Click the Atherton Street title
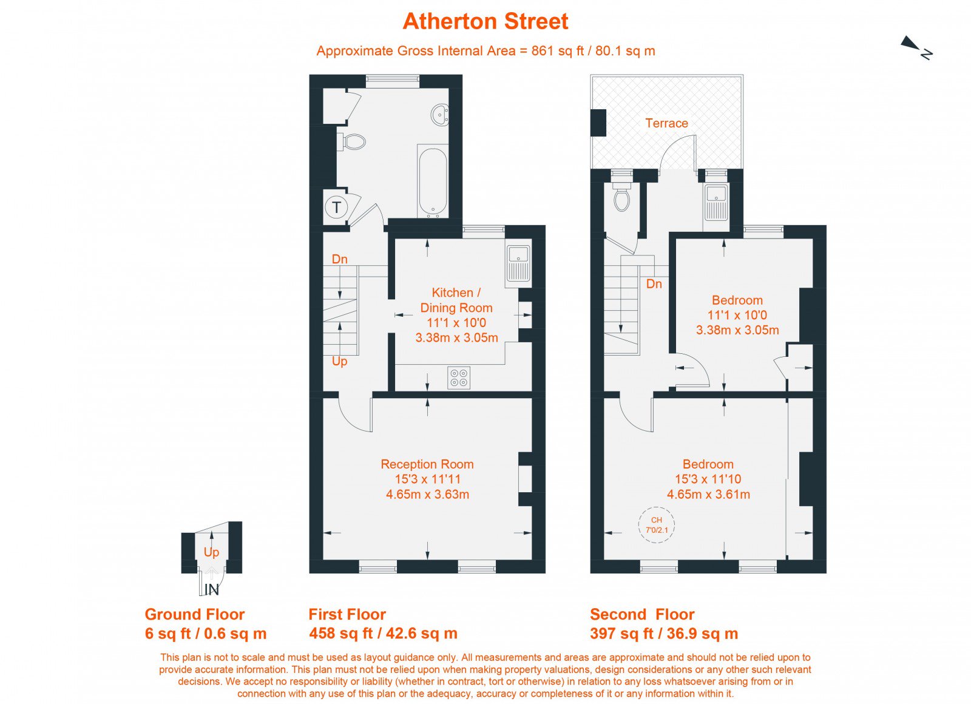click(485, 21)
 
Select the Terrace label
click(666, 123)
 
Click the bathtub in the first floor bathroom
click(433, 181)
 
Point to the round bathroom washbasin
click(440, 115)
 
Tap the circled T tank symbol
click(336, 207)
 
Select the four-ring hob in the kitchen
click(459, 377)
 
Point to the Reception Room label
click(427, 464)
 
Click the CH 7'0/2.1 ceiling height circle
click(657, 524)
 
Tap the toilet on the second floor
click(622, 197)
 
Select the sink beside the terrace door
click(716, 203)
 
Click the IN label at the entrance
click(212, 589)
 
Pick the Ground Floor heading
click(195, 614)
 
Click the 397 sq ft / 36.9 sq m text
click(664, 634)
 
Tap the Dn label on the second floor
click(654, 284)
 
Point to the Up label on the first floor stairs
click(339, 361)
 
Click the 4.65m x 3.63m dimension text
click(427, 494)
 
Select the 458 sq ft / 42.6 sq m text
click(383, 634)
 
